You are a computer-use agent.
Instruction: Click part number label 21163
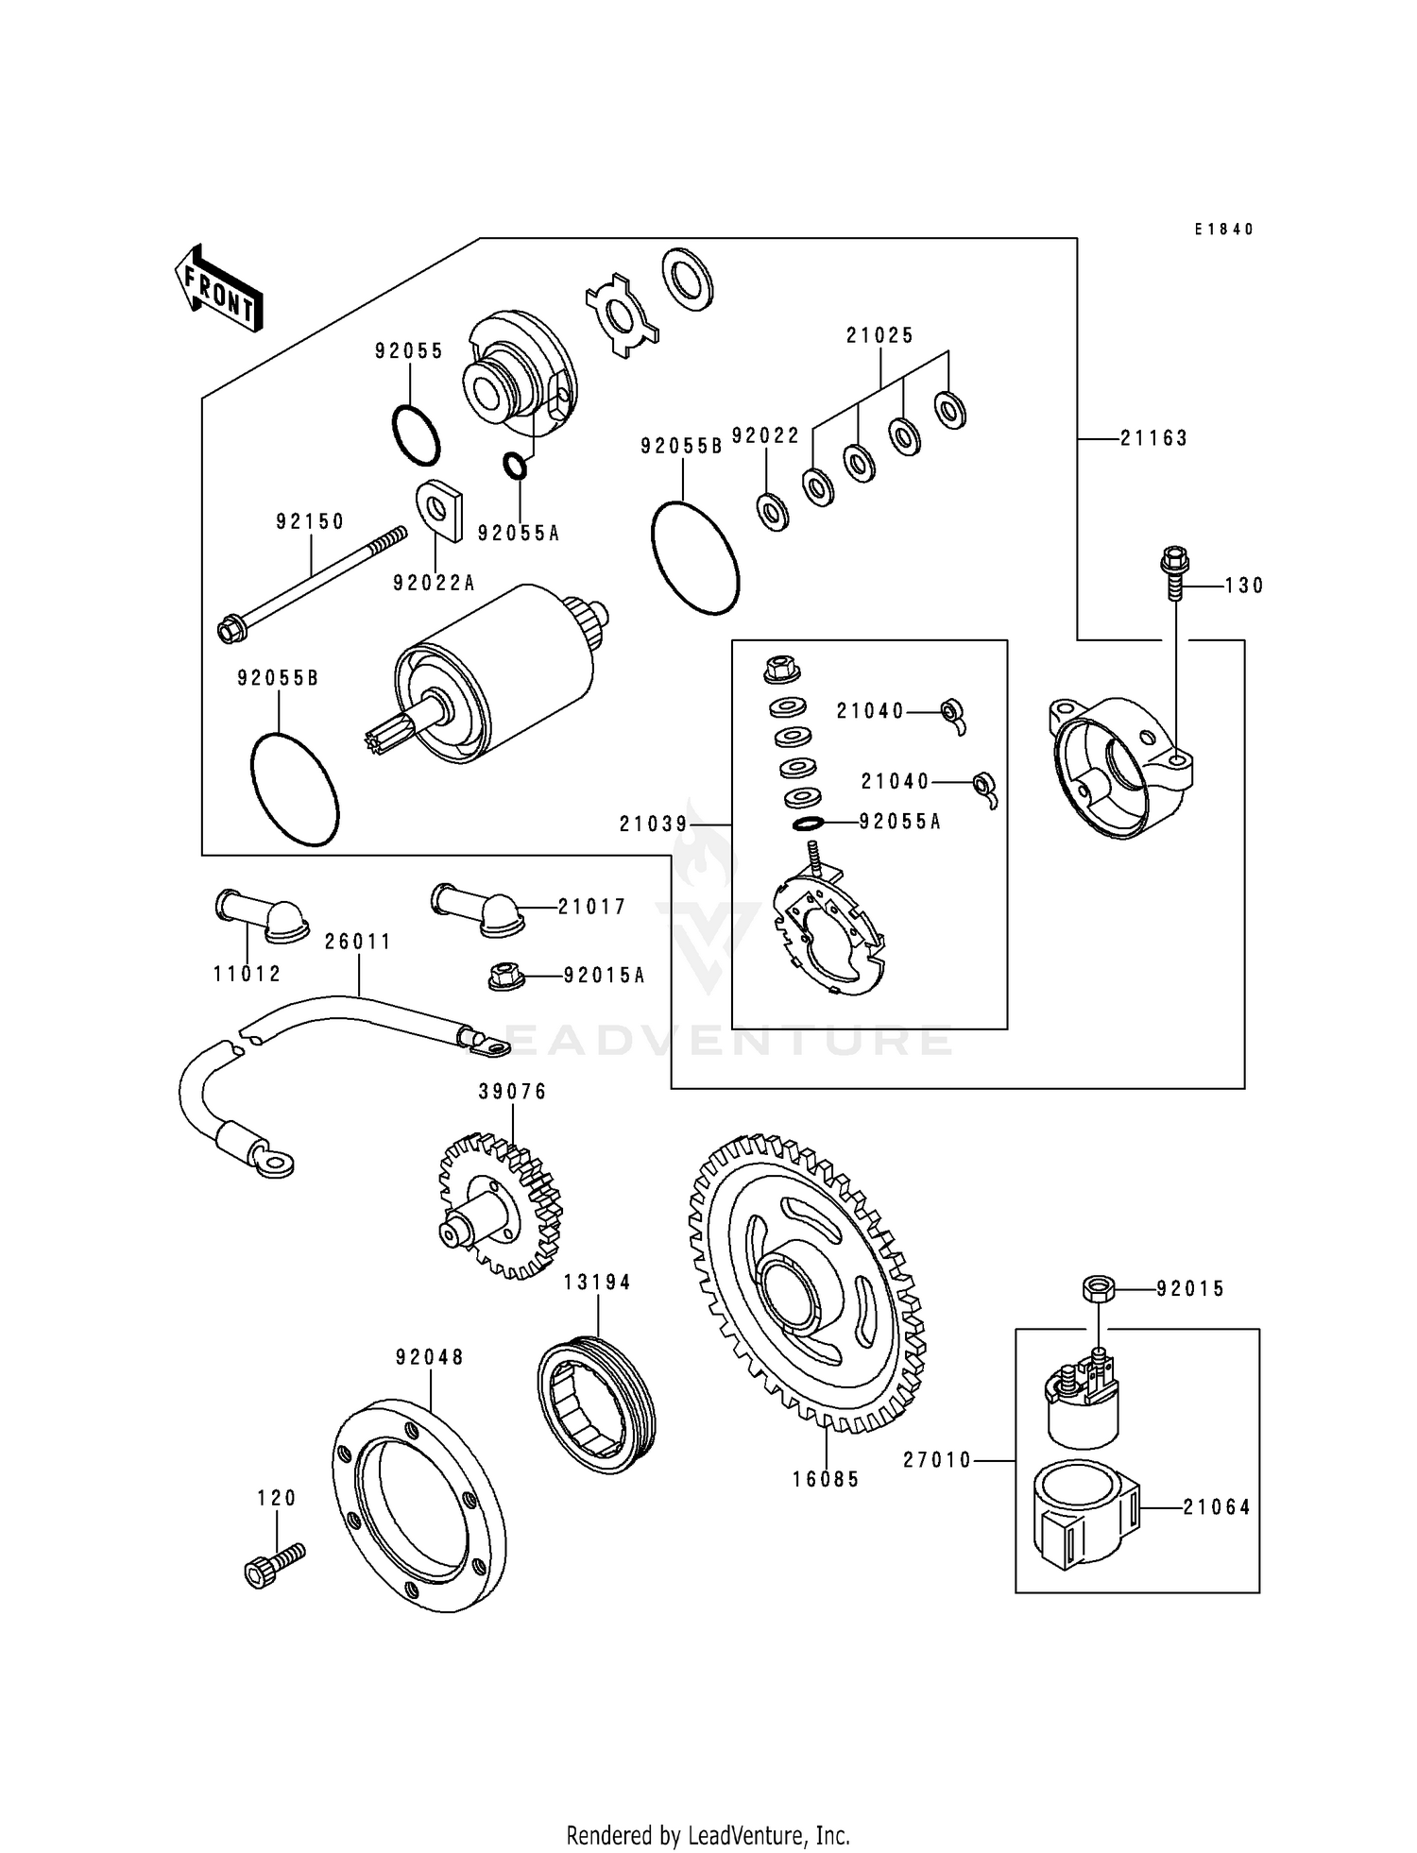[x=1153, y=438]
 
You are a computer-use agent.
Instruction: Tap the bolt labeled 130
[x=1174, y=571]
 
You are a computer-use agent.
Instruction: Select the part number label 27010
[x=937, y=1461]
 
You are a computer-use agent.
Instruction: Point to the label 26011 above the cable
[x=357, y=943]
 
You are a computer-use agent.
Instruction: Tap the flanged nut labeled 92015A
[x=507, y=977]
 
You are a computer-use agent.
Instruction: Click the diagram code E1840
[x=1223, y=229]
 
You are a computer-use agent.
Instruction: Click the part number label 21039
[x=654, y=824]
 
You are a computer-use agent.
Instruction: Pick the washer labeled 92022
[x=773, y=512]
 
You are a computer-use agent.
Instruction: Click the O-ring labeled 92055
[x=416, y=434]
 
